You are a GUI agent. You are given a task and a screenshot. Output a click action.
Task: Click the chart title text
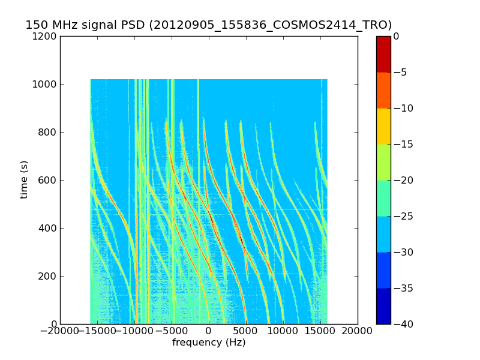click(x=208, y=25)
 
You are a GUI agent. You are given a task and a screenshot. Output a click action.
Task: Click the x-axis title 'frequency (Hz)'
click(x=209, y=343)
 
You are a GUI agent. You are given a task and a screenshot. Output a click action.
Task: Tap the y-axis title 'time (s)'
click(x=24, y=179)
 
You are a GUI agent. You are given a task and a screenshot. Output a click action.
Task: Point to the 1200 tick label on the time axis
click(x=45, y=36)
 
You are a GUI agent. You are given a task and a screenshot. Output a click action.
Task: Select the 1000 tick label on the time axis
click(x=45, y=84)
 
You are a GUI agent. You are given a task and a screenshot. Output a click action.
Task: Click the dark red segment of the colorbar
click(x=383, y=54)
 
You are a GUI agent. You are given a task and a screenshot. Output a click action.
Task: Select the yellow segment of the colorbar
click(x=383, y=126)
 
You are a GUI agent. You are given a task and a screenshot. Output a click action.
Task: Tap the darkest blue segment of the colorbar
click(x=383, y=306)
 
